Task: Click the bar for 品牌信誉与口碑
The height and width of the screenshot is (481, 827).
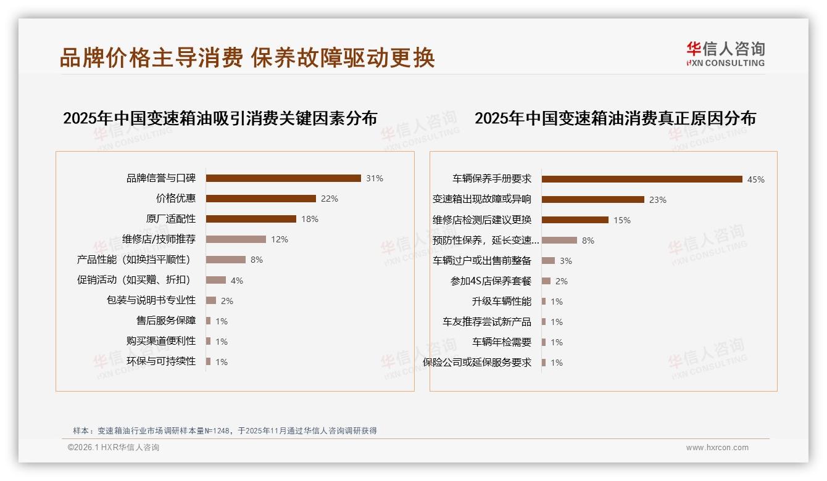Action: [x=283, y=178]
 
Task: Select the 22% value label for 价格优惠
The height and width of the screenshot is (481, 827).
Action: [x=330, y=199]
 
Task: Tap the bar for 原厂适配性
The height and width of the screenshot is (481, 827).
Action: [x=251, y=219]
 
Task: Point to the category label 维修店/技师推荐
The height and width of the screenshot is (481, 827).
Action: [x=159, y=239]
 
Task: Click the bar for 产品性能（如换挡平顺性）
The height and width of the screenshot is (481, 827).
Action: [x=226, y=260]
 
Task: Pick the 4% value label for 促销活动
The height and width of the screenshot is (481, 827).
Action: [x=237, y=281]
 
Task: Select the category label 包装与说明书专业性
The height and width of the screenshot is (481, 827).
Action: [x=151, y=300]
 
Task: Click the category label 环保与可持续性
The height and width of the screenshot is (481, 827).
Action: [x=161, y=361]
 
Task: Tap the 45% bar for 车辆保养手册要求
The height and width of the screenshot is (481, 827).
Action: [x=642, y=179]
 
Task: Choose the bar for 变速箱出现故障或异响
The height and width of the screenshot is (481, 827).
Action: [x=593, y=200]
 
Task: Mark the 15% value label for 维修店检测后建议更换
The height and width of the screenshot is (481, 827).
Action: [x=622, y=220]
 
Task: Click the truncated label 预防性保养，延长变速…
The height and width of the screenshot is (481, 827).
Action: [x=486, y=240]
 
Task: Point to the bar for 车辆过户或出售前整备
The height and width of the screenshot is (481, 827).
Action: [x=549, y=261]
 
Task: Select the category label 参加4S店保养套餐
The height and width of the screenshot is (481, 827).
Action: [x=491, y=281]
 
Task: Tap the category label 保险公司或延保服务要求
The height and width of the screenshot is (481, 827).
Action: [x=477, y=363]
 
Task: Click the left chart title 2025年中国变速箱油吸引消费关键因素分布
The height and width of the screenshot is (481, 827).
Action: [x=220, y=118]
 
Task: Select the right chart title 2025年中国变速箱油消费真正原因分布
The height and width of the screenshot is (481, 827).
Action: [x=615, y=118]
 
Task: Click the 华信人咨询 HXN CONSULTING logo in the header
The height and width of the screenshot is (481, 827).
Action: [x=725, y=54]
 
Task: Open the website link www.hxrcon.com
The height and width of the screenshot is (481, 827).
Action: [x=717, y=448]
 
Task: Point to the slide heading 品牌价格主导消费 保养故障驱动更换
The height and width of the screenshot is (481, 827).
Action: [x=247, y=58]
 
